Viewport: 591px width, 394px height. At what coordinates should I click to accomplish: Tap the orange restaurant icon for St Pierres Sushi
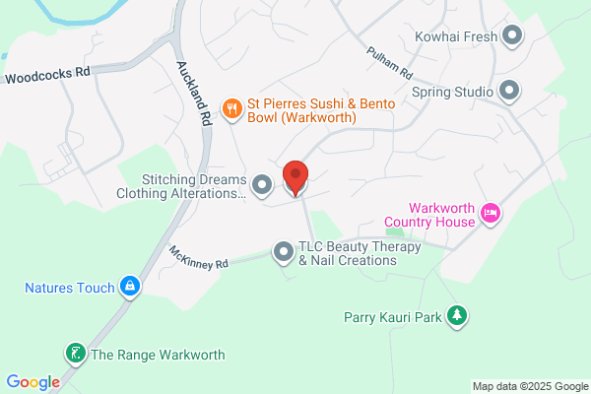click(232, 108)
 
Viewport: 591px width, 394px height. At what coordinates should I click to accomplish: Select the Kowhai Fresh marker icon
click(511, 37)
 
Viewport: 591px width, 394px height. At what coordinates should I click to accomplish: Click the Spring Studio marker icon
click(509, 92)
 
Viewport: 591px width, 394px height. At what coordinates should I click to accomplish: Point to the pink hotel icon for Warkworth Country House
click(491, 213)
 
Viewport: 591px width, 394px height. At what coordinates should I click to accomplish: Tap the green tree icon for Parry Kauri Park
click(456, 316)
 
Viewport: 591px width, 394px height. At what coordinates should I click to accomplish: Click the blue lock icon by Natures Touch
click(129, 288)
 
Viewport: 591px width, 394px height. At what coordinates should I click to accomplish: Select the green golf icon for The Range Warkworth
click(75, 353)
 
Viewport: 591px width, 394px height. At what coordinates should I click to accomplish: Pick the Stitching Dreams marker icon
click(262, 184)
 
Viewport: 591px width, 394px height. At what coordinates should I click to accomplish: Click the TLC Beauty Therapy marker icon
click(284, 253)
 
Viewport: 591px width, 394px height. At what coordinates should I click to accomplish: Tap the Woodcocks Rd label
click(46, 75)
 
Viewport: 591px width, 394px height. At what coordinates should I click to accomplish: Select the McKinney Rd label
click(198, 258)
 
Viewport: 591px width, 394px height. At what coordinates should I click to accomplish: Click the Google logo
click(33, 382)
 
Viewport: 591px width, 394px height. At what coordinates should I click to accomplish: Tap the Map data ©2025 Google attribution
click(528, 385)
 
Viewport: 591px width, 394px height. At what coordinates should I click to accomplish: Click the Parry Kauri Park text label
click(391, 317)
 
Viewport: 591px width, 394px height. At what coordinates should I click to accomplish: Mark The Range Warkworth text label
click(158, 355)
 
